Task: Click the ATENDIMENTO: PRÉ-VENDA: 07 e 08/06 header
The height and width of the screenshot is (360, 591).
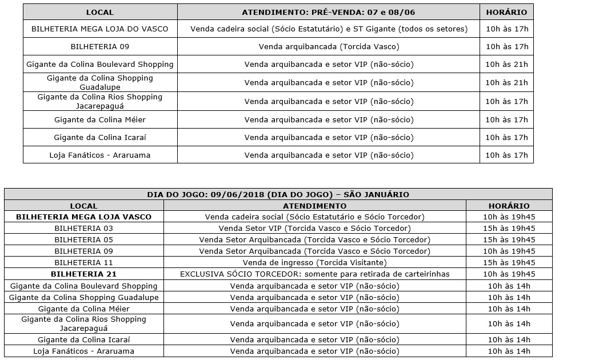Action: (328, 12)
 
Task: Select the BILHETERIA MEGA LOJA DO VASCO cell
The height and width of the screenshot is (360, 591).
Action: (100, 29)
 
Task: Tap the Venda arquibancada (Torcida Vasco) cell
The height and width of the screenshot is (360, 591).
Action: (328, 46)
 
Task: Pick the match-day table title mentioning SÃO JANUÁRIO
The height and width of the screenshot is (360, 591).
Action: (278, 194)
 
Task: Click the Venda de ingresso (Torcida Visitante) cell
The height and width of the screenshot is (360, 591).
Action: (314, 262)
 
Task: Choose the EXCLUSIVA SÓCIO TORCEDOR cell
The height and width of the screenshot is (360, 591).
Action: (314, 274)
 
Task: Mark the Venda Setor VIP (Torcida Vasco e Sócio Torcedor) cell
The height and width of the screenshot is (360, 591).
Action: (314, 228)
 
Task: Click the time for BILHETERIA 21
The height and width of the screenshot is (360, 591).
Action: (509, 274)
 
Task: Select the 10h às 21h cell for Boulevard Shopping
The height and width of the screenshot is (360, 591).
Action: (506, 65)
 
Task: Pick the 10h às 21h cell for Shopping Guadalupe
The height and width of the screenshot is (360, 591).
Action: (506, 82)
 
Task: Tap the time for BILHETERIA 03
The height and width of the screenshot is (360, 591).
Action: (509, 228)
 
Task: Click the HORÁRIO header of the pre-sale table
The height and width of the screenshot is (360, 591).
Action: (506, 12)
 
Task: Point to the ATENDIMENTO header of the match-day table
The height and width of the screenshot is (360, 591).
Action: (314, 206)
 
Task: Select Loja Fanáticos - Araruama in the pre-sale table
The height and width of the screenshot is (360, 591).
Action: (100, 155)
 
